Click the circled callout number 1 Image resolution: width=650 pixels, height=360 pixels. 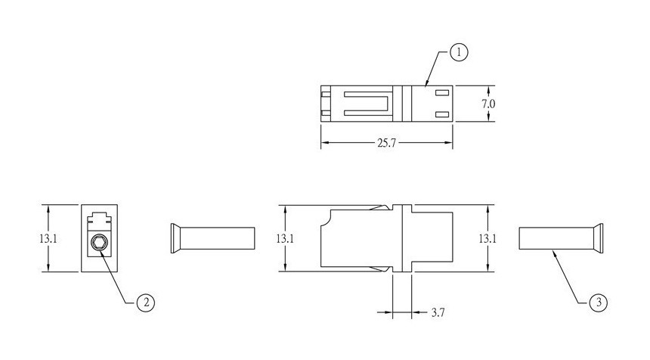pos(459,53)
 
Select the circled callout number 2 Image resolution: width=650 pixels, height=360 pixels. pos(146,303)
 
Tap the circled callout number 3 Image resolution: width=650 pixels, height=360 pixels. pos(598,303)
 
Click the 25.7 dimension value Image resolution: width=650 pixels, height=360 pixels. pos(386,143)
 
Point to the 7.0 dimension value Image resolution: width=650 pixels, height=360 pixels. pos(488,104)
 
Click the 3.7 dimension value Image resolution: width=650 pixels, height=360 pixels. pos(438,312)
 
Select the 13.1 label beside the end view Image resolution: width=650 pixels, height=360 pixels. pos(48,238)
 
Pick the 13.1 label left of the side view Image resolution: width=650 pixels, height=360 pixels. pos(285,238)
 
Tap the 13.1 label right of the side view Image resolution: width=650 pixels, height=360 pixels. pos(487,238)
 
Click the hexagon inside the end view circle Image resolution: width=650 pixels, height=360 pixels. pos(99,243)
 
